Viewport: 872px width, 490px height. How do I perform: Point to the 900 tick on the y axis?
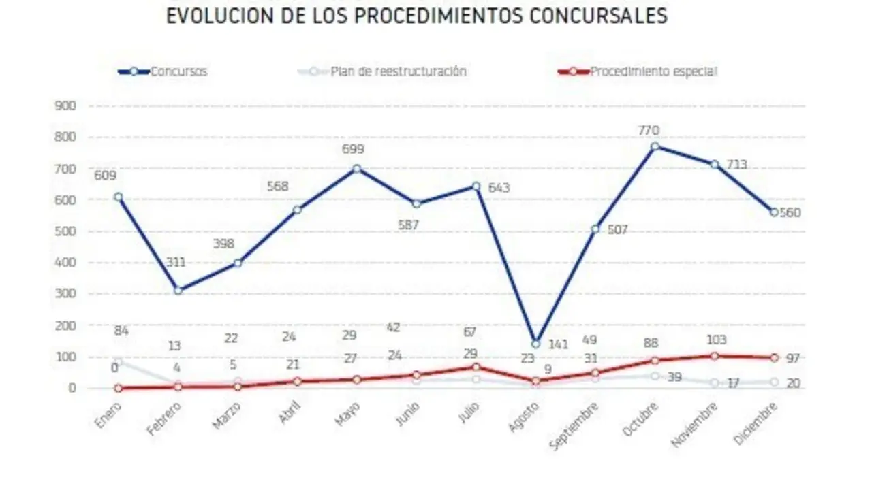[66, 106]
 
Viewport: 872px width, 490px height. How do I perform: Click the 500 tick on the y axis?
[66, 231]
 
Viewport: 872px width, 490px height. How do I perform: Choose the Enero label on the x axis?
[109, 413]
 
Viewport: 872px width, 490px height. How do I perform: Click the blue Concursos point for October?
[655, 146]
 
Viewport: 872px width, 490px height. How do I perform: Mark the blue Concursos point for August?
[535, 344]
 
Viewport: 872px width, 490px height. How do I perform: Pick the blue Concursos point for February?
[178, 291]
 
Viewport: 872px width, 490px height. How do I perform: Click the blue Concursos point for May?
[356, 169]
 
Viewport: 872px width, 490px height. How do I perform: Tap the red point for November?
[714, 356]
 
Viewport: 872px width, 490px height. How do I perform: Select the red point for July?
[476, 367]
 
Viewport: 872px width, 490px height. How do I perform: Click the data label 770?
[649, 131]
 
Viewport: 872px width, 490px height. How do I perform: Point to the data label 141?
[558, 345]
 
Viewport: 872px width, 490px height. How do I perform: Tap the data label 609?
[106, 176]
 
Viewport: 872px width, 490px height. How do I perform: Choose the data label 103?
[716, 340]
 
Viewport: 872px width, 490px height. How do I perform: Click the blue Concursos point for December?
[774, 212]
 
